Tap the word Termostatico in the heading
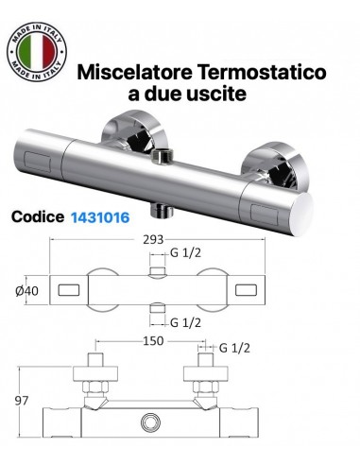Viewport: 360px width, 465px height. [268, 72]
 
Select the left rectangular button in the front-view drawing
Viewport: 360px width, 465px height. [68, 287]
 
